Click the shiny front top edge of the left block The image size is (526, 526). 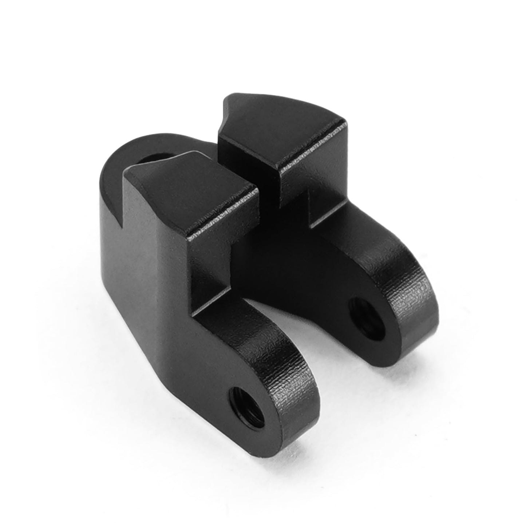(226, 215)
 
